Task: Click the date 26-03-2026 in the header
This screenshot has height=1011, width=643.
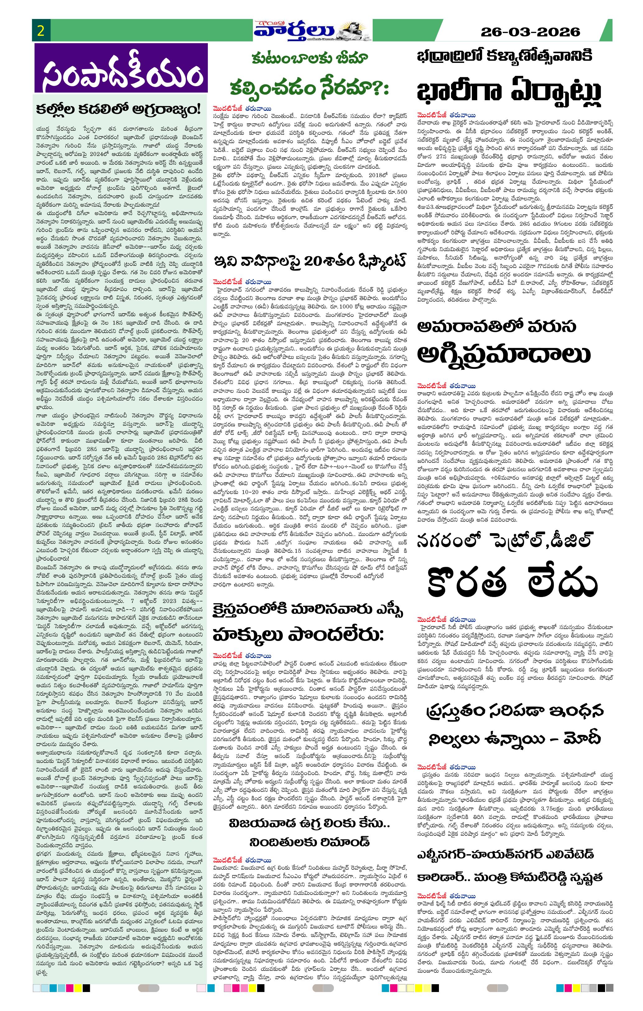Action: pyautogui.click(x=530, y=32)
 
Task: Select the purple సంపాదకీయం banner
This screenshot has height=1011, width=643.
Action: pyautogui.click(x=121, y=68)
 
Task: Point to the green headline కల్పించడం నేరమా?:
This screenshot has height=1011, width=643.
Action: pyautogui.click(x=309, y=88)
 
